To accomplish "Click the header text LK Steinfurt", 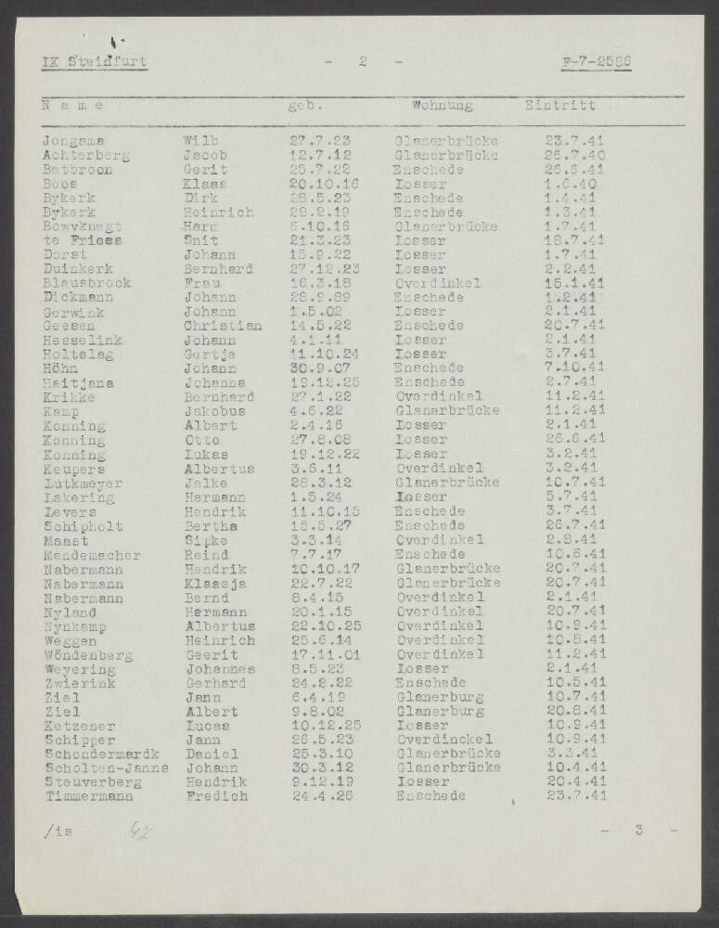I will pos(95,62).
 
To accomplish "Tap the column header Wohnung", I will pos(442,106).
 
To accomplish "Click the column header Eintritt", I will pos(559,106).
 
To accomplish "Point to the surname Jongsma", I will pos(73,141).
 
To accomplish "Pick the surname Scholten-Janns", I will pos(105,767).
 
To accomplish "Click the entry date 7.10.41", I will pos(575,368).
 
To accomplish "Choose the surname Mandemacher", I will pos(91,555).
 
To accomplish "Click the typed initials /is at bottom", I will pos(58,830).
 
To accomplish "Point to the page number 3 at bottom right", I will pos(638,830).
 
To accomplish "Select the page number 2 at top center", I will pos(362,62).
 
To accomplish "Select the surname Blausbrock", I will pos(86,283).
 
